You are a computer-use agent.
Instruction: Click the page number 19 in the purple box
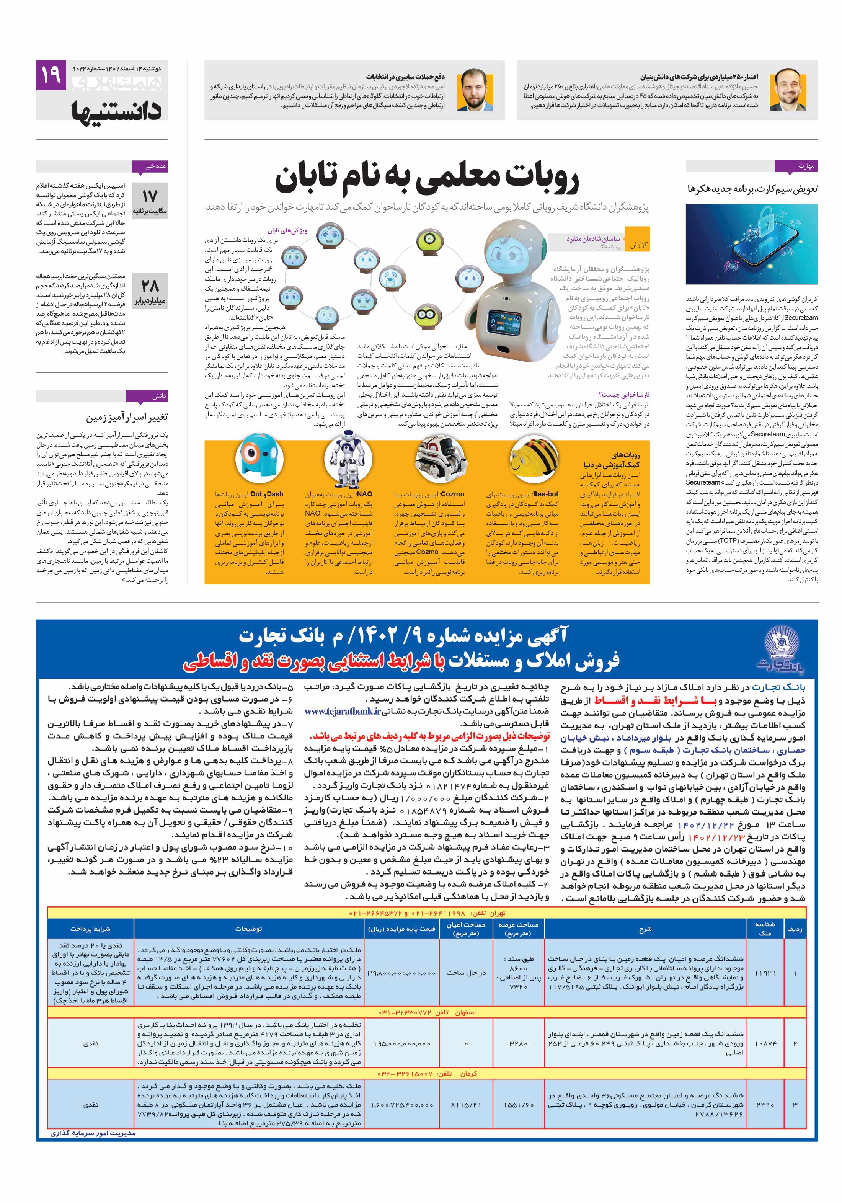[x=51, y=75]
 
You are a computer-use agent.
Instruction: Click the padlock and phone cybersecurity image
[x=751, y=244]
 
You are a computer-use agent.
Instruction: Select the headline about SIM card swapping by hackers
[x=752, y=189]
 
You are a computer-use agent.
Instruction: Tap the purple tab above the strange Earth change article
[x=155, y=396]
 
